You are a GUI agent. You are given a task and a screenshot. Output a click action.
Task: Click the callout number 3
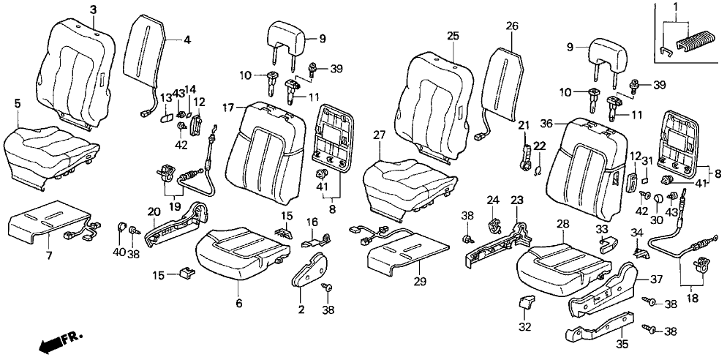(93, 9)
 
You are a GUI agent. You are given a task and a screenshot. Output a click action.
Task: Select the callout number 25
(453, 35)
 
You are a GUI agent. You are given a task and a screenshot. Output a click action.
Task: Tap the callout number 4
(187, 40)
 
